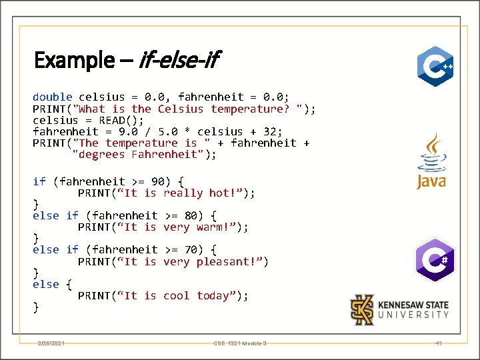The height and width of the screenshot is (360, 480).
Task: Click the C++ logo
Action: click(x=435, y=66)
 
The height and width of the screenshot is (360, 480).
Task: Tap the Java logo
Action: click(x=431, y=161)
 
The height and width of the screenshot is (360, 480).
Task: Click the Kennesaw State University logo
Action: click(x=400, y=309)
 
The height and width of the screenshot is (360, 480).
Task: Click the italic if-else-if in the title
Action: click(x=179, y=61)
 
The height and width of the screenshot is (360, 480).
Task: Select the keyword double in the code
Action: click(x=53, y=97)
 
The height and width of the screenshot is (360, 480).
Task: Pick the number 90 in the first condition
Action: click(x=157, y=181)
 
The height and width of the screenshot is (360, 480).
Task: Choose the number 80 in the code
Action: click(x=191, y=215)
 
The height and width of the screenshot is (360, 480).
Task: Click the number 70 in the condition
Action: click(x=191, y=249)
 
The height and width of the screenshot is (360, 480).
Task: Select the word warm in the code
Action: click(x=213, y=227)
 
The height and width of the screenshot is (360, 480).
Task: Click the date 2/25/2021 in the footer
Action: click(x=51, y=343)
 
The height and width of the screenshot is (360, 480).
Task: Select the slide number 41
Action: click(x=438, y=343)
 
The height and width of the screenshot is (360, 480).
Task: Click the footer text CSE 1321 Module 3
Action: click(x=240, y=343)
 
